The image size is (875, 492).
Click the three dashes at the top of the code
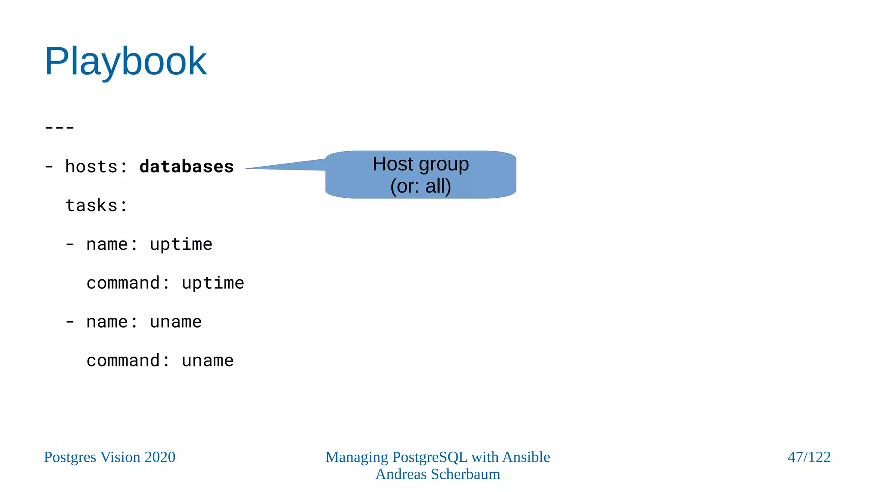pyautogui.click(x=59, y=127)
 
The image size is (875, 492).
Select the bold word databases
pyautogui.click(x=186, y=167)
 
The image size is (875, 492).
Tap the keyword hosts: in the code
pyautogui.click(x=96, y=167)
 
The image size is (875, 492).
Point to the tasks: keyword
pyautogui.click(x=96, y=205)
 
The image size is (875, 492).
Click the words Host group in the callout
pyautogui.click(x=420, y=164)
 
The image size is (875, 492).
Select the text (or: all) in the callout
pyautogui.click(x=420, y=186)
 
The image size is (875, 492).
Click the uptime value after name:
pyautogui.click(x=181, y=244)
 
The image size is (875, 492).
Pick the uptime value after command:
pyautogui.click(x=213, y=283)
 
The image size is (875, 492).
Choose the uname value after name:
pyautogui.click(x=176, y=322)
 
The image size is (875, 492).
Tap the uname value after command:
pyautogui.click(x=208, y=361)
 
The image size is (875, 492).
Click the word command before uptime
pyautogui.click(x=123, y=283)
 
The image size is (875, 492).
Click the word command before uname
pyautogui.click(x=123, y=361)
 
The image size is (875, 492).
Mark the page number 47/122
pyautogui.click(x=809, y=457)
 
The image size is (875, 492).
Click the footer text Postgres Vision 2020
pyautogui.click(x=110, y=457)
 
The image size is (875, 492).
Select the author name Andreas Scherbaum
pyautogui.click(x=437, y=474)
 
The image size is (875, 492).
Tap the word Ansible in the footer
pyautogui.click(x=526, y=457)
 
